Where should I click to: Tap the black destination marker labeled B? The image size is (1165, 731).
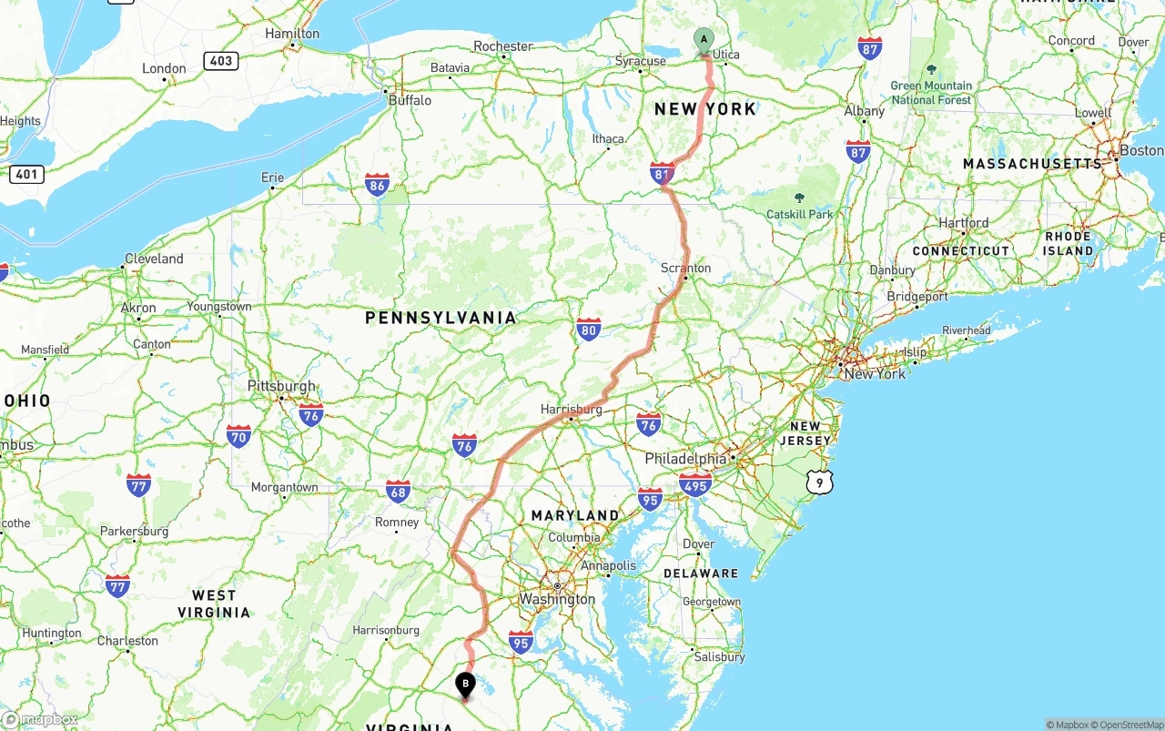(x=465, y=684)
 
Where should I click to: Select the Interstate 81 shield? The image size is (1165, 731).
(x=663, y=173)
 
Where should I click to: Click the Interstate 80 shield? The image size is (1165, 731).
(x=589, y=330)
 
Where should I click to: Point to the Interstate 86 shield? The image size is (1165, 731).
(x=378, y=185)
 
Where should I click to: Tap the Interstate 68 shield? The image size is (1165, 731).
(x=398, y=491)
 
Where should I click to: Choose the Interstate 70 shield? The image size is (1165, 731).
(x=239, y=436)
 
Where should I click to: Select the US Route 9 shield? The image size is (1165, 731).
(x=819, y=482)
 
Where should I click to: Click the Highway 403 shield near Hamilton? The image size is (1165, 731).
(x=221, y=61)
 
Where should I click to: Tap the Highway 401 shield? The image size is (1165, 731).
(x=26, y=173)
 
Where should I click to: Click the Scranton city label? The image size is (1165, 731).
(x=686, y=268)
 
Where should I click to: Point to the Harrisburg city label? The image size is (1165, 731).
(x=572, y=410)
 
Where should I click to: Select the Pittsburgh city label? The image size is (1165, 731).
(x=281, y=386)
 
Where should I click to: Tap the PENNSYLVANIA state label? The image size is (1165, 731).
(x=441, y=318)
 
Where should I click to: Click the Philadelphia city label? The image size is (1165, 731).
(x=686, y=459)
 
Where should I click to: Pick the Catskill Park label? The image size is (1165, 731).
(x=799, y=214)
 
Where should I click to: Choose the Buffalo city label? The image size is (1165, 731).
(x=410, y=100)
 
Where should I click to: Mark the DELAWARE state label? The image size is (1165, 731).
(x=701, y=574)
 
